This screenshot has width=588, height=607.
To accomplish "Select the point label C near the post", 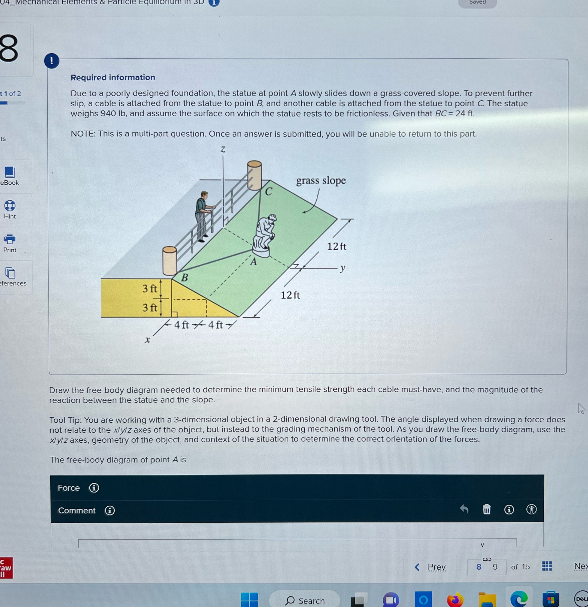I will point(268,192).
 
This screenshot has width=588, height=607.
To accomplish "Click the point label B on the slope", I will point(185,277).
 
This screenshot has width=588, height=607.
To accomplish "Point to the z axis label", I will point(223,150).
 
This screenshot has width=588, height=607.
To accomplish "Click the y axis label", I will point(342,268).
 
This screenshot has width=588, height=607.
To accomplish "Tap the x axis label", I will point(148,340).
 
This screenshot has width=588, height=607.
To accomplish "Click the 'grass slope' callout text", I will point(321,180).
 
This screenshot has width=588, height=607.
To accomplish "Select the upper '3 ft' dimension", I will point(150,289).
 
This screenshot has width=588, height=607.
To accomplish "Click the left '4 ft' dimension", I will point(181,325).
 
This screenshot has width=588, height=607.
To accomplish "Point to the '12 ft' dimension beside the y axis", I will point(337,246).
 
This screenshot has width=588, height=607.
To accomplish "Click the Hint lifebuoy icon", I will point(10,206).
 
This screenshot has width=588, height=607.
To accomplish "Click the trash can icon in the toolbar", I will point(487,509).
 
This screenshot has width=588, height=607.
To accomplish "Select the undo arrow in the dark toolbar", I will point(464,509).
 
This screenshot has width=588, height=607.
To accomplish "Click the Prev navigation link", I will point(436,567).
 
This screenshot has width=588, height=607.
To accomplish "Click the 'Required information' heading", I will point(113,77).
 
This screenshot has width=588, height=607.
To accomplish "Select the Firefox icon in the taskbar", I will point(455,600).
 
